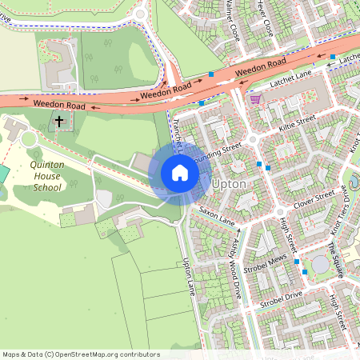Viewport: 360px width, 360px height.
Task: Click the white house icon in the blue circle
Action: pyautogui.click(x=180, y=173)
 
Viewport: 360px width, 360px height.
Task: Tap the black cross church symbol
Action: pyautogui.click(x=58, y=122)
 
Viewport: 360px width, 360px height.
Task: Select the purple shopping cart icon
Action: pyautogui.click(x=255, y=99)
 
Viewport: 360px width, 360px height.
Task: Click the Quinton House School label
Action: pyautogui.click(x=34, y=175)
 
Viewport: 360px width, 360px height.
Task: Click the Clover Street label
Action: pyautogui.click(x=314, y=198)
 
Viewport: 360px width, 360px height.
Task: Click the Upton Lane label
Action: pyautogui.click(x=190, y=275)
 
